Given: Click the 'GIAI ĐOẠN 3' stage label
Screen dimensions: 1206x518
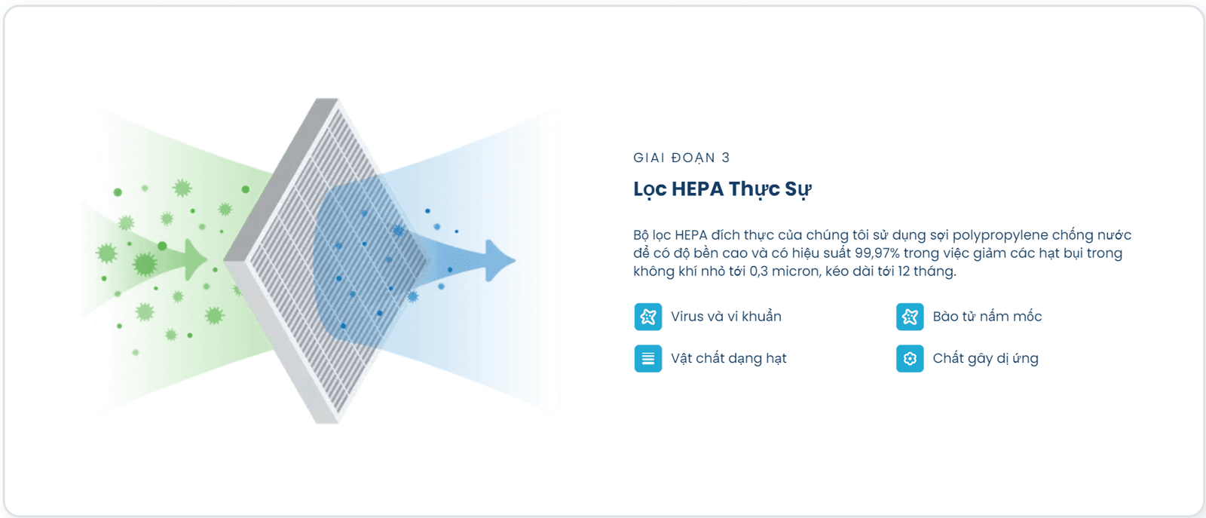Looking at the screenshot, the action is click(681, 158).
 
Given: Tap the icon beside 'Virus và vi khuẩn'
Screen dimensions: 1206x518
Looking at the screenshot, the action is click(647, 317).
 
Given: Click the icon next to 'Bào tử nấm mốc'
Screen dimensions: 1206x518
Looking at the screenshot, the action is click(910, 317).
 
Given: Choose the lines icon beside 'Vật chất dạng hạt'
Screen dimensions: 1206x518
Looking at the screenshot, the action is click(647, 359).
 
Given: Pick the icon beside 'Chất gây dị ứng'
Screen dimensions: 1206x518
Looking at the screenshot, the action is click(910, 359).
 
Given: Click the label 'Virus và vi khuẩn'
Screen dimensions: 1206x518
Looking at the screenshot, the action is click(726, 317).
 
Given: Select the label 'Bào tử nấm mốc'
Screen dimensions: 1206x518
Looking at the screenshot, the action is click(987, 317).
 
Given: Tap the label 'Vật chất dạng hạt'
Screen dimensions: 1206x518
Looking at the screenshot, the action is click(728, 359).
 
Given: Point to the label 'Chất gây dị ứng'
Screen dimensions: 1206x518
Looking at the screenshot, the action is click(985, 359).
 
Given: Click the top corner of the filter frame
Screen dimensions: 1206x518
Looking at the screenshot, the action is click(327, 99).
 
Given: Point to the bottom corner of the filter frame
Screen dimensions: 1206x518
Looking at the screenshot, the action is click(327, 423).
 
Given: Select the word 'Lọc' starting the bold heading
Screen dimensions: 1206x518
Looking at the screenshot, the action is click(650, 190).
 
